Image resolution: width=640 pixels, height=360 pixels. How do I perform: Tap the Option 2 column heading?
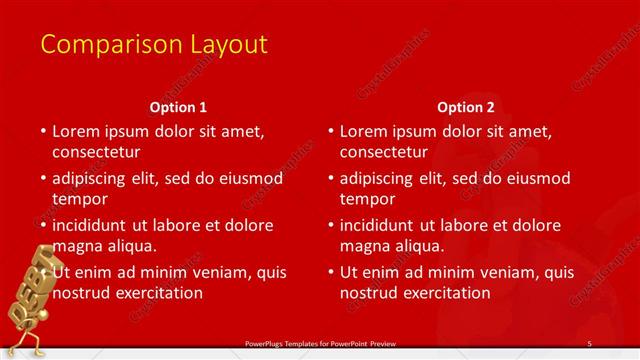466,106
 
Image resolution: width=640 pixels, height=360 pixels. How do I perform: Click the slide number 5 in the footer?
589,343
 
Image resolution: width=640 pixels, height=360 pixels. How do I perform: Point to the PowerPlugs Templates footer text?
320,343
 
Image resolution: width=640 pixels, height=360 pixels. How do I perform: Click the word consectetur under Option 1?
96,153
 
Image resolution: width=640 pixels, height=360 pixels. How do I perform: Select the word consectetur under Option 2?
384,153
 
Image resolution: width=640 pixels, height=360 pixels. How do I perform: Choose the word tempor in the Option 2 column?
366,199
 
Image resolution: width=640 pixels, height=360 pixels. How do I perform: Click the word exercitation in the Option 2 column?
444,293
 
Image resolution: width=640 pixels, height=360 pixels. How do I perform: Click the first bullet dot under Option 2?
331,131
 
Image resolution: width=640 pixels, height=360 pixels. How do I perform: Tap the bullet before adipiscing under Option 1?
43,178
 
